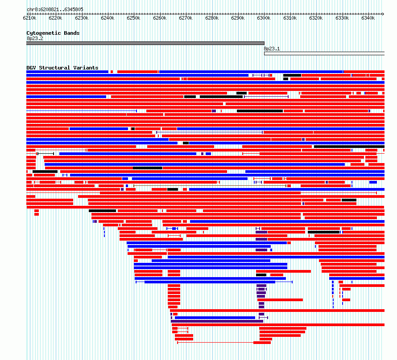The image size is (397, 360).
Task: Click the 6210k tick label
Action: click(x=29, y=18)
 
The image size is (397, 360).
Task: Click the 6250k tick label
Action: click(x=133, y=18)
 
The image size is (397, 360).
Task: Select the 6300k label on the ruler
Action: click(x=264, y=18)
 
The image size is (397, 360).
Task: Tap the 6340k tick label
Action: click(x=368, y=18)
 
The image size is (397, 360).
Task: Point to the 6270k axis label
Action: click(x=186, y=18)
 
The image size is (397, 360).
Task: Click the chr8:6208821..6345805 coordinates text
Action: click(x=55, y=10)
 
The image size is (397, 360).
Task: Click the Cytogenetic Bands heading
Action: click(x=53, y=33)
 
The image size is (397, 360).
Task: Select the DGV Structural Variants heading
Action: click(x=62, y=68)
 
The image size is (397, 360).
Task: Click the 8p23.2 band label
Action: click(x=35, y=38)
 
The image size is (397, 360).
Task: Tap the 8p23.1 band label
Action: click(x=272, y=49)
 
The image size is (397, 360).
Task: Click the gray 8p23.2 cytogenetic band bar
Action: click(x=145, y=43)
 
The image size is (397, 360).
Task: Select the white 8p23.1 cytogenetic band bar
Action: click(x=324, y=53)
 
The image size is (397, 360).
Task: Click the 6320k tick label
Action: click(x=316, y=18)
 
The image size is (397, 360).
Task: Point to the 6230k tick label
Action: click(x=82, y=18)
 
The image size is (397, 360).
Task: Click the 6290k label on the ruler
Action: click(x=238, y=18)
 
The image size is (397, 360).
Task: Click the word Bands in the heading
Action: click(x=72, y=33)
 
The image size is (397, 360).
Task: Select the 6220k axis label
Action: click(x=55, y=18)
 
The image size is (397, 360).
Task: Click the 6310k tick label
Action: click(x=290, y=18)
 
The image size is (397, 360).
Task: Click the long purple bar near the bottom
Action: click(x=217, y=321)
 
